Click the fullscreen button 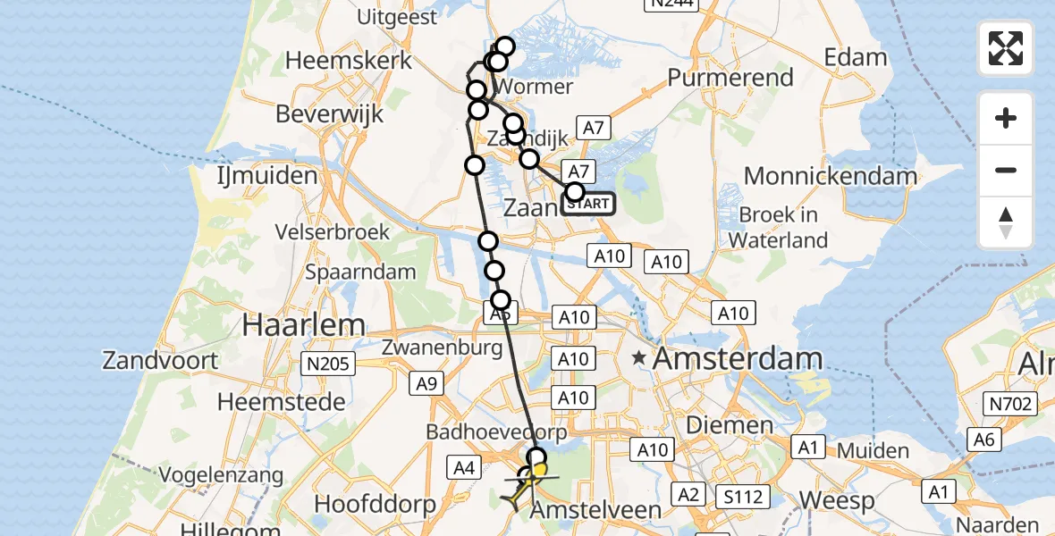click(x=1006, y=48)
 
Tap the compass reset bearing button click(x=1006, y=222)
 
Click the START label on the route click(x=588, y=205)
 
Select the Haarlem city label click(x=303, y=325)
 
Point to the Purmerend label click(x=730, y=78)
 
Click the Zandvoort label click(x=160, y=361)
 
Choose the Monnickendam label click(x=831, y=176)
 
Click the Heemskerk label click(x=349, y=61)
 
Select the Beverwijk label click(x=330, y=114)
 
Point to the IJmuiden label click(x=267, y=175)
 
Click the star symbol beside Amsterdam click(x=639, y=359)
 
